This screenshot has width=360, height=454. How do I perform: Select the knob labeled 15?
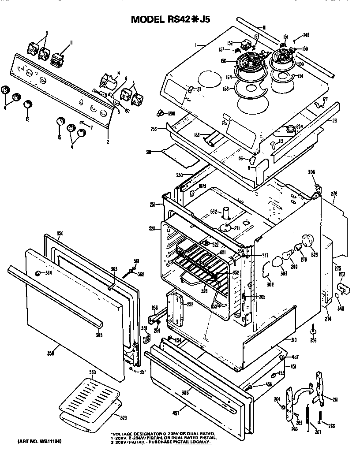60,122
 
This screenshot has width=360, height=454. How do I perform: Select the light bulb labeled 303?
278,262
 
